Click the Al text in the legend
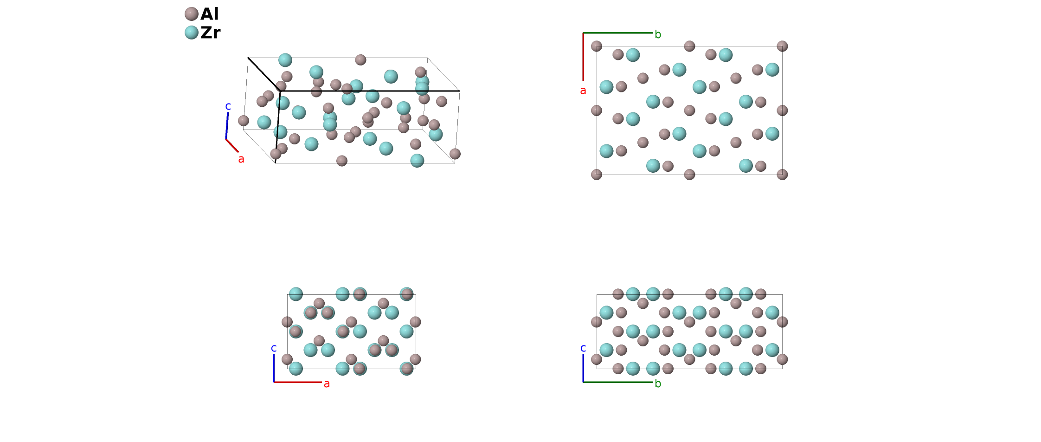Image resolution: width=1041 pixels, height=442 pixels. (x=209, y=14)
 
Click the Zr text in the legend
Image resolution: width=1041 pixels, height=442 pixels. (x=210, y=32)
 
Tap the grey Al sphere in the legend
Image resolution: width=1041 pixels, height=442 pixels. (x=192, y=14)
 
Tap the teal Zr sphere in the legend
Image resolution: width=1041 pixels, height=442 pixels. (x=192, y=32)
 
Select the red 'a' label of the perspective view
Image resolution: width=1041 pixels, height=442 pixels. (x=241, y=159)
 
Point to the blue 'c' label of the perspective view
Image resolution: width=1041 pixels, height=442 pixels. (x=228, y=106)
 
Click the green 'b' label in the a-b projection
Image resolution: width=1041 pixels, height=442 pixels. (x=658, y=34)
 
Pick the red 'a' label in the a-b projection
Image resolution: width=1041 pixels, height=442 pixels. (x=583, y=91)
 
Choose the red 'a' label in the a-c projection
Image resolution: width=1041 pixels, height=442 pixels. (x=327, y=384)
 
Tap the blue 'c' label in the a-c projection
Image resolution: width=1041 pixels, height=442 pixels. (x=274, y=348)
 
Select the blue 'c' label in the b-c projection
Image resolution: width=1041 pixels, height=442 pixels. (x=583, y=348)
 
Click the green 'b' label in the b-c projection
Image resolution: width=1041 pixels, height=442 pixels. (x=658, y=384)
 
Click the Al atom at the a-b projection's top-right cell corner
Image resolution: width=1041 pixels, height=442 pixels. (x=782, y=46)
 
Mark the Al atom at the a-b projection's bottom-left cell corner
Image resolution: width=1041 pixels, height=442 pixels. (x=597, y=175)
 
